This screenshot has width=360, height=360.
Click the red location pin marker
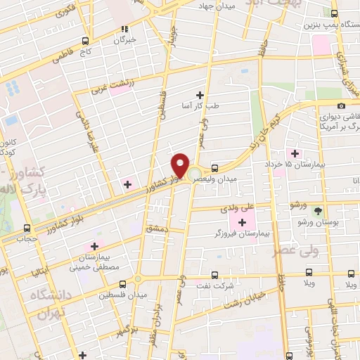pyautogui.click(x=180, y=165)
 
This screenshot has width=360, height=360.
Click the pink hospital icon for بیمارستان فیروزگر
pyautogui.click(x=243, y=222)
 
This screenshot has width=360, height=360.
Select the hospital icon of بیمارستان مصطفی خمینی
pyautogui.click(x=93, y=247)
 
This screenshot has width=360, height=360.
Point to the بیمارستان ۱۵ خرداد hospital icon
pyautogui.click(x=295, y=153)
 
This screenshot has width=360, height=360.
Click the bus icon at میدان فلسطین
pyautogui.click(x=123, y=283)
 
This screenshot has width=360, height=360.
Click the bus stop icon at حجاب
pyautogui.click(x=27, y=228)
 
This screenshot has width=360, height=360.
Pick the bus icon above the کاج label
pyautogui.click(x=85, y=41)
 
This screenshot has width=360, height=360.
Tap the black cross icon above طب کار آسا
pyautogui.click(x=200, y=95)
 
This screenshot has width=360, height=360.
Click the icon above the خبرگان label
pyautogui.click(x=124, y=29)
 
